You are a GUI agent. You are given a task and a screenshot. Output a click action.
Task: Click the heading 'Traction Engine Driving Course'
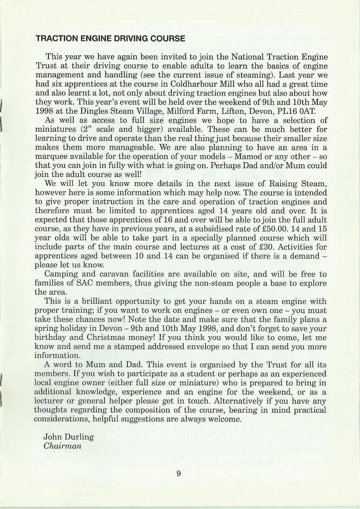click(110, 39)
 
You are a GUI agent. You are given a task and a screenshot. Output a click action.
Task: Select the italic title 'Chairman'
click(63, 446)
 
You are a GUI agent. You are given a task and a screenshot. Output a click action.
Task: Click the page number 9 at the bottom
click(179, 474)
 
